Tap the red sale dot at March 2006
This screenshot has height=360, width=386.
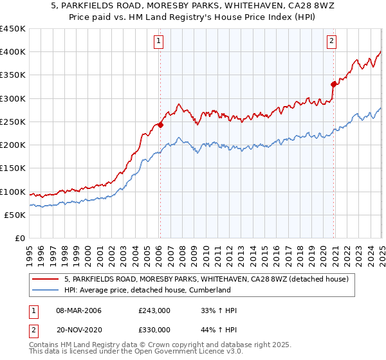click(x=160, y=125)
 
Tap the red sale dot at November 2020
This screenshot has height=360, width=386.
click(x=333, y=84)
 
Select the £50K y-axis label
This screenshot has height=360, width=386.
click(x=15, y=215)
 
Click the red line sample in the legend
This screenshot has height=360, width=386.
click(x=46, y=279)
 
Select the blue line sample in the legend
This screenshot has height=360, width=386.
click(x=46, y=290)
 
